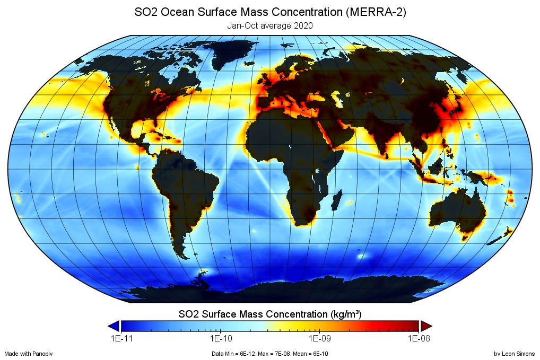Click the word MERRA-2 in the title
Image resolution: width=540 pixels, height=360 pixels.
pyautogui.click(x=375, y=12)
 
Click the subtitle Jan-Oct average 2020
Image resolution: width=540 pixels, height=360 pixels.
pyautogui.click(x=269, y=25)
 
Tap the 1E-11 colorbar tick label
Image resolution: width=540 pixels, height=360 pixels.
pyautogui.click(x=121, y=338)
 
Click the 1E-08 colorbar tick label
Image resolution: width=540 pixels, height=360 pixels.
pyautogui.click(x=420, y=338)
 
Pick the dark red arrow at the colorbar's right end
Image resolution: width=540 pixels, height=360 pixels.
pyautogui.click(x=427, y=326)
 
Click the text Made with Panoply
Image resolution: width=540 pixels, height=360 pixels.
pyautogui.click(x=28, y=354)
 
